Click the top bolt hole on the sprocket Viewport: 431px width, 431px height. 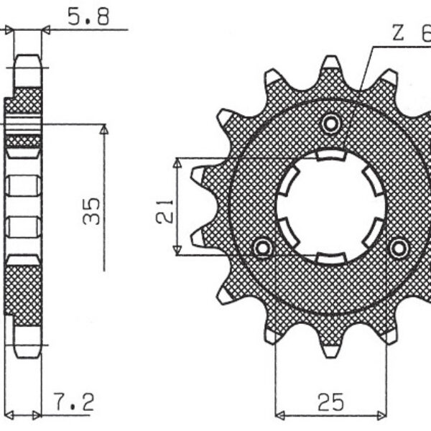pyautogui.click(x=331, y=124)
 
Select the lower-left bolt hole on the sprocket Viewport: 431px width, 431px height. pyautogui.click(x=264, y=248)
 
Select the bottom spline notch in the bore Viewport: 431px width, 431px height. pyautogui.click(x=331, y=256)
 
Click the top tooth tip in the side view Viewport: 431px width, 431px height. pyautogui.click(x=27, y=59)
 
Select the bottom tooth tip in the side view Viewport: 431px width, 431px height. pyautogui.click(x=27, y=353)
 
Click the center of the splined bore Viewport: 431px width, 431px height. pyautogui.click(x=331, y=206)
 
